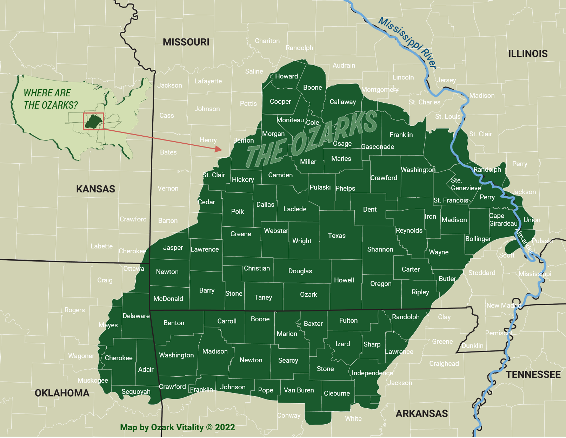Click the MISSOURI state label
tap(186, 42)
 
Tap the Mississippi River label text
tap(407, 42)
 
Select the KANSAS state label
tap(95, 189)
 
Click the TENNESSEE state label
tap(533, 375)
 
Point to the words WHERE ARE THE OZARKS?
tap(50, 99)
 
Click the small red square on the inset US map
tap(93, 121)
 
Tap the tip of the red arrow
tap(221, 150)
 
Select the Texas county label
tap(337, 236)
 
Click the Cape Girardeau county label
tap(503, 220)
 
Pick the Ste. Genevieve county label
tap(465, 184)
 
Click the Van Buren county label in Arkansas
tap(299, 390)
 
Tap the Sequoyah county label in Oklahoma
tap(136, 392)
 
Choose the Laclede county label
tap(295, 209)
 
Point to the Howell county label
tap(344, 280)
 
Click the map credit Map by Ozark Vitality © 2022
tap(177, 427)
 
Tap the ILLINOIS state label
tap(528, 54)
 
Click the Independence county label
tap(372, 373)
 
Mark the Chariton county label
tap(267, 41)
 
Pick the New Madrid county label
tap(504, 306)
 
